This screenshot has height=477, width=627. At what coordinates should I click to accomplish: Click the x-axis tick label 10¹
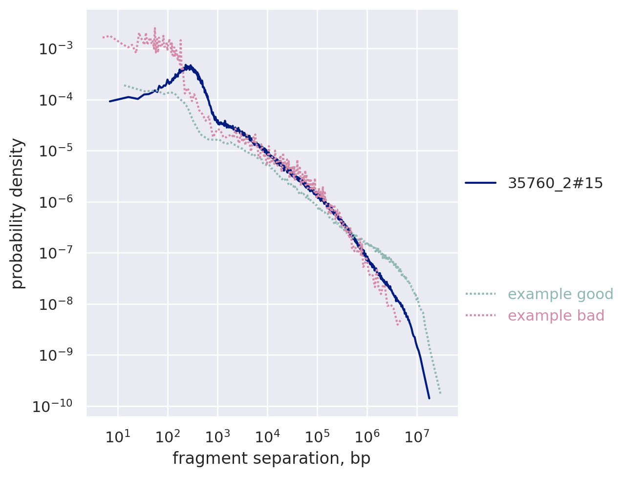pos(117,436)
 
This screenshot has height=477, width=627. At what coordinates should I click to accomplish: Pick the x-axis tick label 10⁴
pos(267,436)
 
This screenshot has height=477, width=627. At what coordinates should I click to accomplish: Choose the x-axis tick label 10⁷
pos(417,436)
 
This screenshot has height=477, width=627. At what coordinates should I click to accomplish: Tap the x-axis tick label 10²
pos(167,436)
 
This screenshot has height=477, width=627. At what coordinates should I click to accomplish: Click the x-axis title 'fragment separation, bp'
pos(271,458)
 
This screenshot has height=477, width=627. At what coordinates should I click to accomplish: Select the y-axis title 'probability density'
pos(18,213)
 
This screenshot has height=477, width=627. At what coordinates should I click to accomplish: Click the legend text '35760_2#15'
pos(555,183)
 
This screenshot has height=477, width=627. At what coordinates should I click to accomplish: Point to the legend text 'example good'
pos(561,294)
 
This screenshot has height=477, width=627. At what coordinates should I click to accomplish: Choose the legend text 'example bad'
pos(556,316)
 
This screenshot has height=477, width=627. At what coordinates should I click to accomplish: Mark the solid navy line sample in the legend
pos(480,183)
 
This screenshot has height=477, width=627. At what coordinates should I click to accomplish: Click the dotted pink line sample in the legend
pos(480,316)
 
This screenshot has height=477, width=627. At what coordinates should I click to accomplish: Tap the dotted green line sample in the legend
pos(480,294)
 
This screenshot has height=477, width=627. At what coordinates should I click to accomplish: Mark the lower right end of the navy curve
pos(429,398)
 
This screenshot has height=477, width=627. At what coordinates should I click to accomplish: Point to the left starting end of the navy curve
pos(109,101)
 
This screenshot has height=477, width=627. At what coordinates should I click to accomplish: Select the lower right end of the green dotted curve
pos(440,393)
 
